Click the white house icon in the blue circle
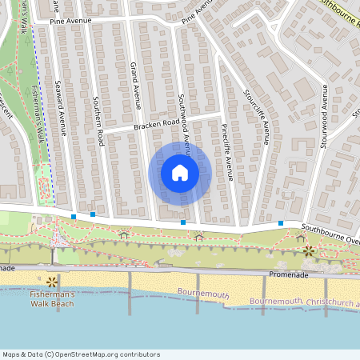coord(180,173)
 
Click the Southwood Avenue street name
coord(183,120)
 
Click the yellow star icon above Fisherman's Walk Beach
coord(52,281)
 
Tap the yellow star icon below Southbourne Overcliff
coord(309,251)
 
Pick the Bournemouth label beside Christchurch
coord(276,301)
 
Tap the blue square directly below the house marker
coord(183,222)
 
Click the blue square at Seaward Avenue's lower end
coord(74,217)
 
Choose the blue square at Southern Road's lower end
coord(93,214)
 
